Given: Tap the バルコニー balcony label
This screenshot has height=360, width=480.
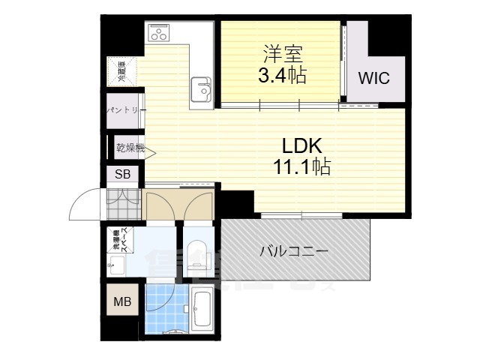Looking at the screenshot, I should point(294,251).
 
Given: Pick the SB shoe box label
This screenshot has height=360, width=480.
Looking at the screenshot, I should point(122,175).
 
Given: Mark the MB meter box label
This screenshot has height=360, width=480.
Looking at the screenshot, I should point(121,302).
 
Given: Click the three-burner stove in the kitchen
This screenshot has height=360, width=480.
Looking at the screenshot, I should point(160,34).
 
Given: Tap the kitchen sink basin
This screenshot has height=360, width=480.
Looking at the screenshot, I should point(203,89).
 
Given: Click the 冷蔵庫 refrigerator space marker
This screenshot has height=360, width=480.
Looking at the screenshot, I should point(121,71).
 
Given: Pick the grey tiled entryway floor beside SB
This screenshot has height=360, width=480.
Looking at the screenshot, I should point(124,199).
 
